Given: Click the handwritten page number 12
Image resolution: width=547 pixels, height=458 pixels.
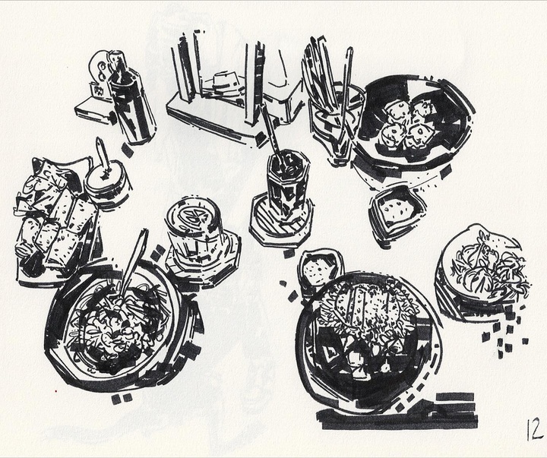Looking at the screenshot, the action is click(x=534, y=428).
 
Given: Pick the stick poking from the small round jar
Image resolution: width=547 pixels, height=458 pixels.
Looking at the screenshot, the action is click(x=103, y=154).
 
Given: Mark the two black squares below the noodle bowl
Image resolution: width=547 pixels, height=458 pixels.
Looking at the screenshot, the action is click(x=122, y=398).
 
